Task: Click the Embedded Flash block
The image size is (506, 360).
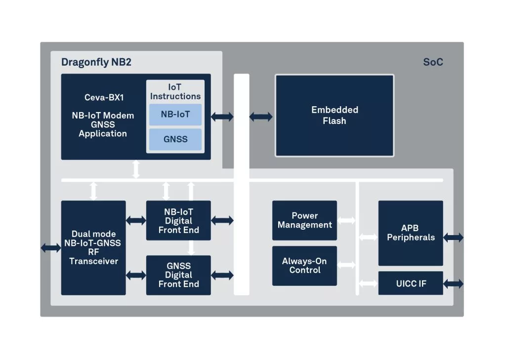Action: [335, 116]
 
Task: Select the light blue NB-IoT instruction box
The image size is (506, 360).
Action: [175, 115]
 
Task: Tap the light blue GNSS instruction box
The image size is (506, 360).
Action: [175, 139]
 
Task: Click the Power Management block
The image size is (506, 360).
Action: [304, 220]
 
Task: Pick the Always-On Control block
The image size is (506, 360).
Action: [304, 266]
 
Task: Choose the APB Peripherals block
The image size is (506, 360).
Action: [411, 233]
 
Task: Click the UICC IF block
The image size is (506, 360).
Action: [411, 283]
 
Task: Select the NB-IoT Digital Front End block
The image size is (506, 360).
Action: [178, 221]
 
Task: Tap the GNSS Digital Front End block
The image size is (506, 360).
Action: [178, 275]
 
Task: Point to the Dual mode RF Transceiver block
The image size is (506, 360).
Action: [93, 247]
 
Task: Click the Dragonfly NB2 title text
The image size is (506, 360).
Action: [96, 62]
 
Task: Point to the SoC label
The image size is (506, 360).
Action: [433, 62]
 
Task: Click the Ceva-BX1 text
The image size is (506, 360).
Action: [104, 98]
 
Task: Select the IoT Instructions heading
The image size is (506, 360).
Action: [175, 92]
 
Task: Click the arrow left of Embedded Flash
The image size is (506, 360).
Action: [261, 117]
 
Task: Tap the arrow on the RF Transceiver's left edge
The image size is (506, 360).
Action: [50, 247]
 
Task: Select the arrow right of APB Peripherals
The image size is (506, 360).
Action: [454, 238]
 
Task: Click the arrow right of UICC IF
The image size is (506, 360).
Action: [454, 284]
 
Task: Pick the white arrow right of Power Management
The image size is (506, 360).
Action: [346, 220]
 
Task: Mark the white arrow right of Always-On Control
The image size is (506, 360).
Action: [346, 265]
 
